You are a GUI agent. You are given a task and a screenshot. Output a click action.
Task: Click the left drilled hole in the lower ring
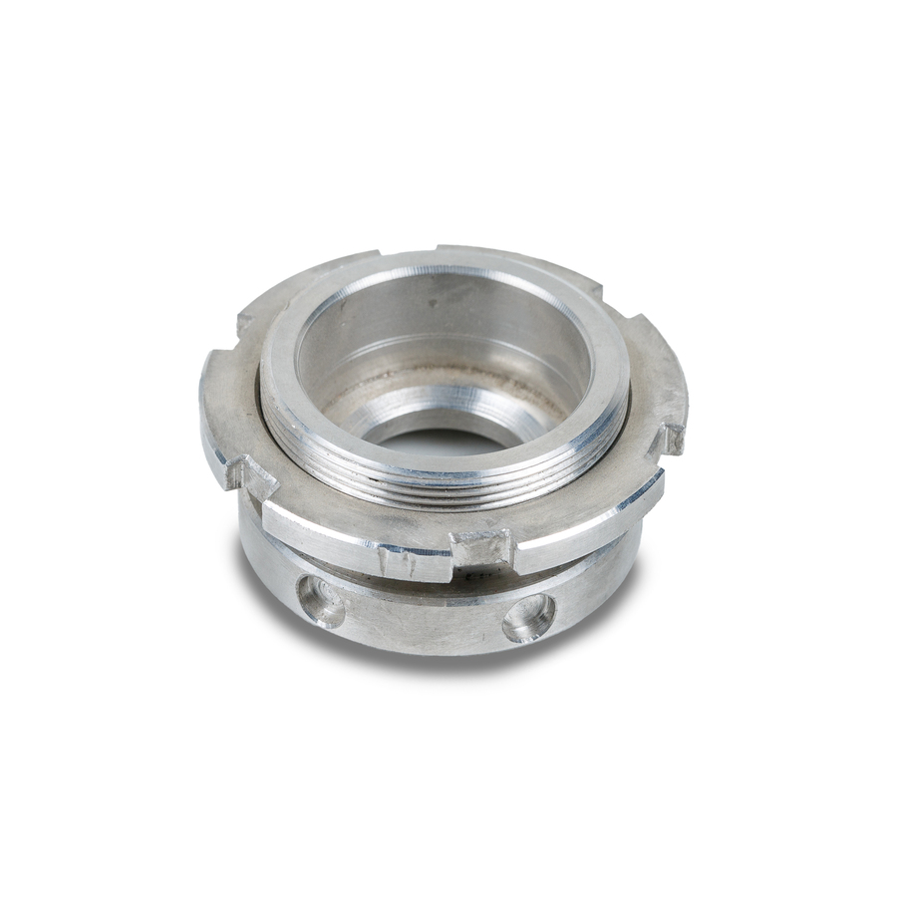coord(321,602)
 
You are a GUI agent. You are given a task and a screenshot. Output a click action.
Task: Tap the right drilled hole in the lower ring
coord(529,617)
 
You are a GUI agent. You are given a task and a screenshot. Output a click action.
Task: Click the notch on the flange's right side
coord(673,439)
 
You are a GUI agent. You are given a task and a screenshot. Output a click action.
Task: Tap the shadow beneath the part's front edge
coord(439,662)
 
